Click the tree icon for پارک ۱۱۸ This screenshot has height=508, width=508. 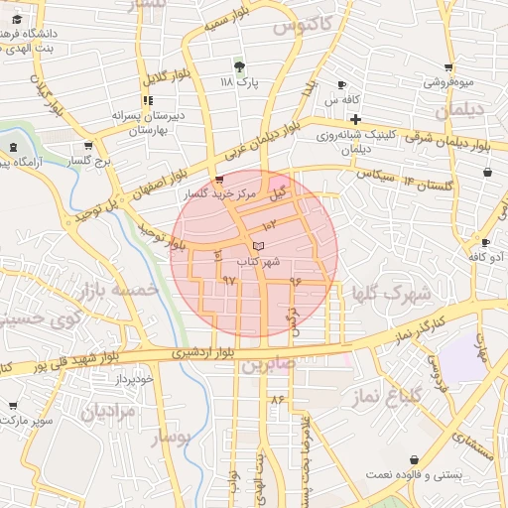(x=238, y=65)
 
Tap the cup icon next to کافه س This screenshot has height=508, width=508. (x=342, y=84)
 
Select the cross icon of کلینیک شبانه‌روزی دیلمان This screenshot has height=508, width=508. (x=354, y=119)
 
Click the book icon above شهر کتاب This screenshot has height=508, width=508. (x=258, y=244)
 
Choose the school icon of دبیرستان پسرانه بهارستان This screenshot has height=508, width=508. (x=148, y=100)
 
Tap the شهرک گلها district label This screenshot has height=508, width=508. (x=393, y=294)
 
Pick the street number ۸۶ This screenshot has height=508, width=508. (x=277, y=398)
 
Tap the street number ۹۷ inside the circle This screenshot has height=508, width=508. (x=229, y=281)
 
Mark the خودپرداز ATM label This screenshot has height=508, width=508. (x=134, y=379)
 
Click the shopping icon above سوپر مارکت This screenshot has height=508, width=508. (x=13, y=405)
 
